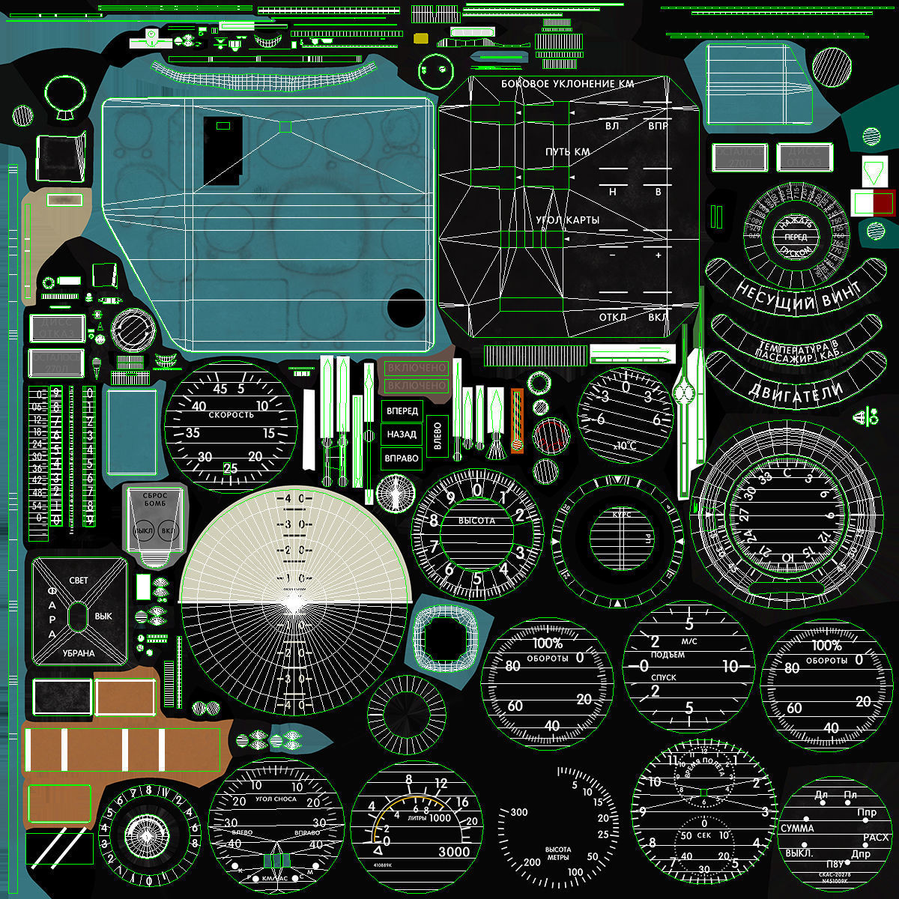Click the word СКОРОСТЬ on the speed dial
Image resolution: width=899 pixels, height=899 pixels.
231,414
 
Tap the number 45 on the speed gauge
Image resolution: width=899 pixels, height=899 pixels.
220,389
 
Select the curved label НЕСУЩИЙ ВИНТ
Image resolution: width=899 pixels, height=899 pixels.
797,294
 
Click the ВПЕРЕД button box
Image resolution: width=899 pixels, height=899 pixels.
402,411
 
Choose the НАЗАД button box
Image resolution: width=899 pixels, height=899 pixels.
402,435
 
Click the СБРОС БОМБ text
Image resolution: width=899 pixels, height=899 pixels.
154,500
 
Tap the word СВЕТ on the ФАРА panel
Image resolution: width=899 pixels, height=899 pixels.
78,581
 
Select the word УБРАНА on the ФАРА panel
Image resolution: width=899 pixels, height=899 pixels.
79,653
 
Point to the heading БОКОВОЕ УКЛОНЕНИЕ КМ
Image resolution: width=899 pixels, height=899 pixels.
567,84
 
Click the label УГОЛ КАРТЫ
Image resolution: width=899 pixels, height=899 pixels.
567,220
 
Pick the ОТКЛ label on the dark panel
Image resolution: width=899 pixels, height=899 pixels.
612,317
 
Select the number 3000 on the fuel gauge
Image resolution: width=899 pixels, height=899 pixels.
454,851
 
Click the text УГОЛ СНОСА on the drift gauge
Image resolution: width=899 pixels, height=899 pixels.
276,799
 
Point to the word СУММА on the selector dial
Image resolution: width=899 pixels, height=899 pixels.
797,829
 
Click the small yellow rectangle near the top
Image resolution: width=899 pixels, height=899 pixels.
420,37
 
